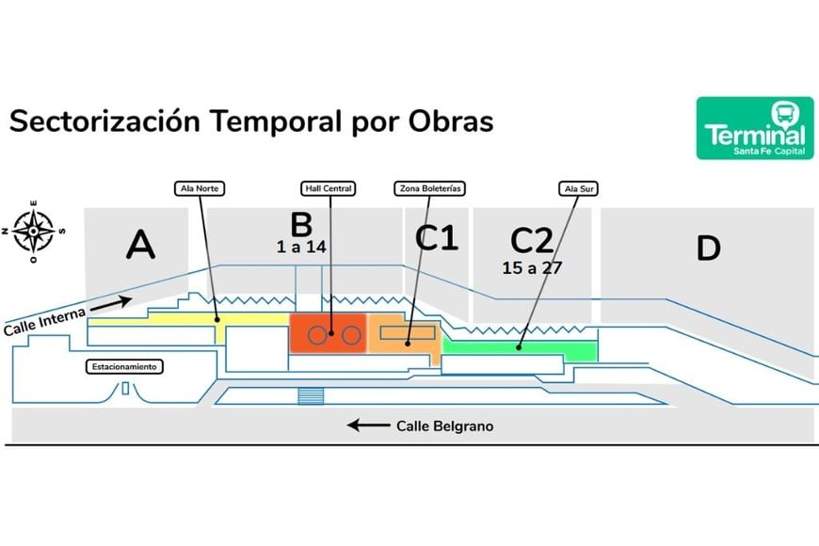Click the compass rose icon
point(33,228)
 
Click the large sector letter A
point(140,246)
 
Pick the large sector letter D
point(708,249)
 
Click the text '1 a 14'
point(301,248)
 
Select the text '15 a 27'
point(532,267)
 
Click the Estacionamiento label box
point(124,366)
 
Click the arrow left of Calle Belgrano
point(367,426)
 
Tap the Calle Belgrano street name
point(444,426)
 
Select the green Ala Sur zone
point(518,348)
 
